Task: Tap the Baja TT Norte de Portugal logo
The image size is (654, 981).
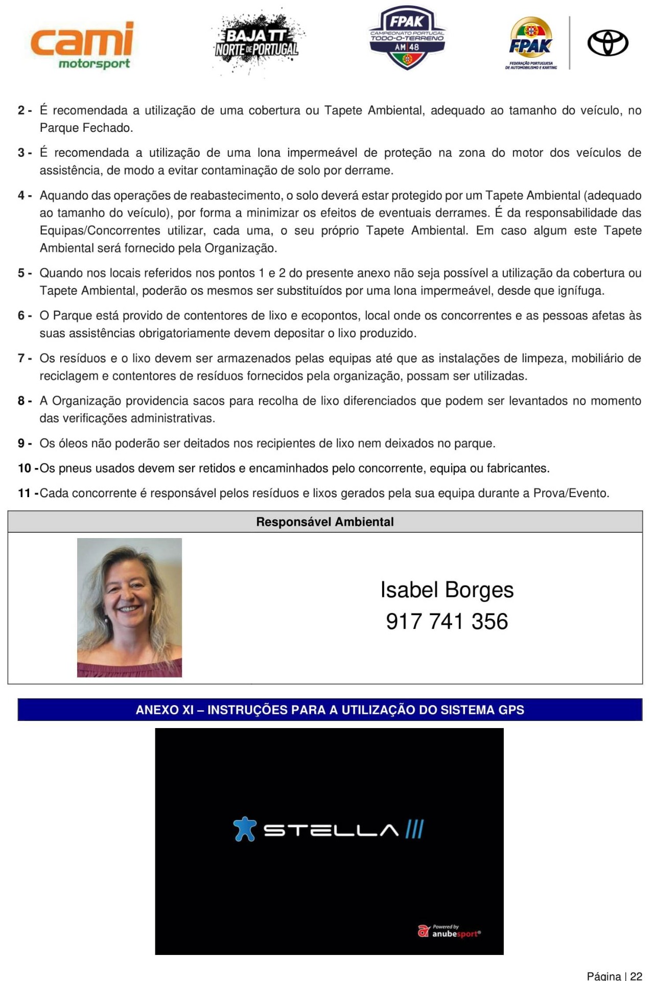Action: pyautogui.click(x=257, y=42)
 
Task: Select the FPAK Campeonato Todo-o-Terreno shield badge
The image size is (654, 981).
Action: pyautogui.click(x=407, y=38)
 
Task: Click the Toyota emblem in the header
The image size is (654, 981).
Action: pyautogui.click(x=608, y=42)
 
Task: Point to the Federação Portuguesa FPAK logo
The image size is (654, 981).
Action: pyautogui.click(x=531, y=43)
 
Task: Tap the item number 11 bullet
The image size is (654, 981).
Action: pyautogui.click(x=28, y=494)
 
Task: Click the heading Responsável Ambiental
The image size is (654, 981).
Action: pyautogui.click(x=325, y=522)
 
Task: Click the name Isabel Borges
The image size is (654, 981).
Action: pyautogui.click(x=447, y=590)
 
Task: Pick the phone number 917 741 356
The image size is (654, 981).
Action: pyautogui.click(x=447, y=622)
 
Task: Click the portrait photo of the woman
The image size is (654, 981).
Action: pyautogui.click(x=129, y=608)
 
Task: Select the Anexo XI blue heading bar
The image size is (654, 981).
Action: pyautogui.click(x=330, y=710)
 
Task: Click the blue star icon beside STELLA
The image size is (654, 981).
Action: pyautogui.click(x=245, y=829)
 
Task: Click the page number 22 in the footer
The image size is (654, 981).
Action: pyautogui.click(x=636, y=976)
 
